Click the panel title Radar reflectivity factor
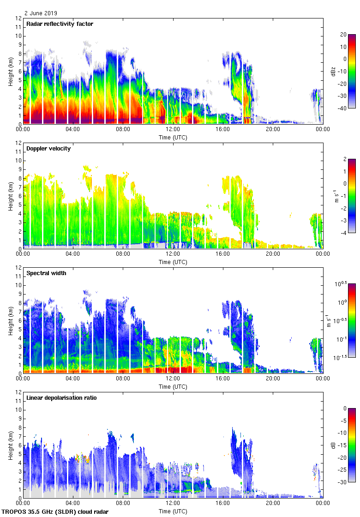pyautogui.click(x=60, y=24)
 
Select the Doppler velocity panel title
pyautogui.click(x=48, y=149)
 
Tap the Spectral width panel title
pyautogui.click(x=46, y=273)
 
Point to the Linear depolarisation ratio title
pyautogui.click(x=61, y=398)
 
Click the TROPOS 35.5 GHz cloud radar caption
pyautogui.click(x=55, y=512)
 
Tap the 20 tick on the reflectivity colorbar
pyautogui.click(x=343, y=35)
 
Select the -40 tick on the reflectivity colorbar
pyautogui.click(x=343, y=108)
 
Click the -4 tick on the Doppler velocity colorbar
pyautogui.click(x=343, y=233)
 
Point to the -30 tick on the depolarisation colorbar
pyautogui.click(x=343, y=482)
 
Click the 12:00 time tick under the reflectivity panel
pyautogui.click(x=173, y=129)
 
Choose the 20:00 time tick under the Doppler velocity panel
pyautogui.click(x=273, y=254)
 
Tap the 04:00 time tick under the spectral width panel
pyautogui.click(x=73, y=379)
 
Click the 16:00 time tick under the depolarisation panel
pyautogui.click(x=223, y=503)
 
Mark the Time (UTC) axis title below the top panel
pyautogui.click(x=173, y=137)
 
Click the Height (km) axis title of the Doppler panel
pyautogui.click(x=10, y=196)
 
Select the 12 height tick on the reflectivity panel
pyautogui.click(x=19, y=18)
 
